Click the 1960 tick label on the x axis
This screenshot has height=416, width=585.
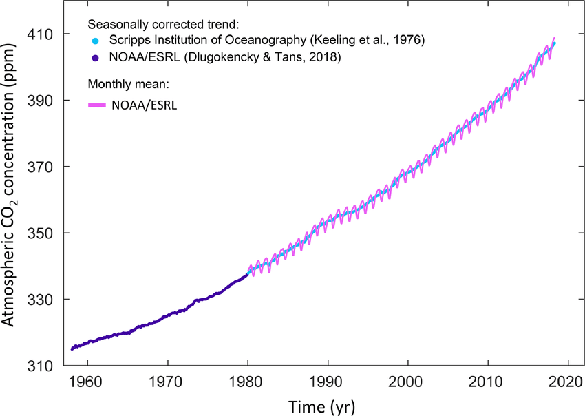(x=87, y=381)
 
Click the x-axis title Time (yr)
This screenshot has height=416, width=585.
(x=322, y=403)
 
